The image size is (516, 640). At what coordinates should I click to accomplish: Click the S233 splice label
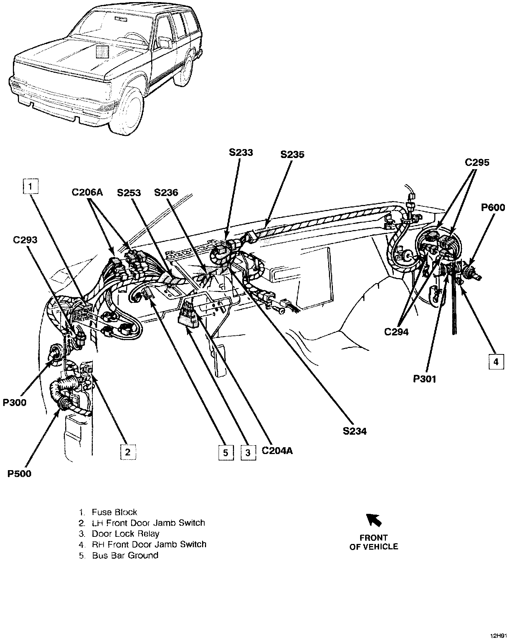[241, 153]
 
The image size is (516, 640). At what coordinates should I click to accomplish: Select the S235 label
[292, 154]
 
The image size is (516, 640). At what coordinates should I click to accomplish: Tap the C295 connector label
[477, 163]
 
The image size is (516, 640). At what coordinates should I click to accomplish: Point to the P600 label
[493, 207]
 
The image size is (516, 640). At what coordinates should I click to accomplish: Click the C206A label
[87, 193]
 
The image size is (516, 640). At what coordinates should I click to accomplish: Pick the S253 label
[129, 193]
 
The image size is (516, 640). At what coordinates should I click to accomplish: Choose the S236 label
[166, 193]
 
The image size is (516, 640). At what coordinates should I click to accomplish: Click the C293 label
[25, 240]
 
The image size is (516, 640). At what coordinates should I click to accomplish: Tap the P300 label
[15, 402]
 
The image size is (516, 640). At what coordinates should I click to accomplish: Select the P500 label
[19, 474]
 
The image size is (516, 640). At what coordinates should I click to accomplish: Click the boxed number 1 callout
[31, 186]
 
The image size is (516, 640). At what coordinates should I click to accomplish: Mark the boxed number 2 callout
[128, 452]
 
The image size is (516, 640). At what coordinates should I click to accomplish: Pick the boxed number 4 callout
[496, 362]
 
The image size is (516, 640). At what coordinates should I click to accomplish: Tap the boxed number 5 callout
[225, 453]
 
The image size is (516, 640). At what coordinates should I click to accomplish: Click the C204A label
[277, 450]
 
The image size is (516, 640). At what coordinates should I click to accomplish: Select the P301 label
[425, 379]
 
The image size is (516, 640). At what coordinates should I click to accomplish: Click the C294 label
[396, 332]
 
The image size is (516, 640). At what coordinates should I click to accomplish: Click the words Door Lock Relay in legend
[125, 534]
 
